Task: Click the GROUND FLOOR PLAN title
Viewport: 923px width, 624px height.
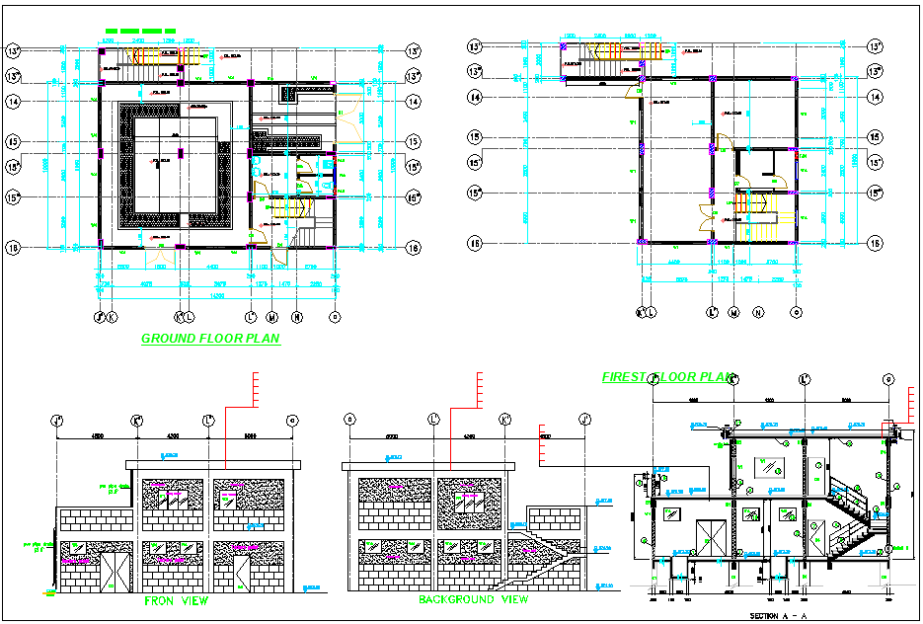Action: click(210, 339)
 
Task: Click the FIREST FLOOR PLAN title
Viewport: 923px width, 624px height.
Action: click(669, 377)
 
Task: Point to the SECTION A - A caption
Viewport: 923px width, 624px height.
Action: click(778, 615)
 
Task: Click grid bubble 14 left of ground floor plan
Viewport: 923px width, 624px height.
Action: click(14, 101)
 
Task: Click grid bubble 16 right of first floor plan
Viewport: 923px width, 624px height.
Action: click(875, 243)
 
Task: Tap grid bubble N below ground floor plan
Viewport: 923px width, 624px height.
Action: click(297, 317)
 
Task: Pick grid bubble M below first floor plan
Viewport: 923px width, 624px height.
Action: click(733, 313)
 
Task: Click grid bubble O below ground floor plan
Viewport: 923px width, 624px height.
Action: click(335, 317)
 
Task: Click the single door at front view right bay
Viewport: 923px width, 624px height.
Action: click(241, 573)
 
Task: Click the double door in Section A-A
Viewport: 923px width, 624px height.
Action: click(710, 537)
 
